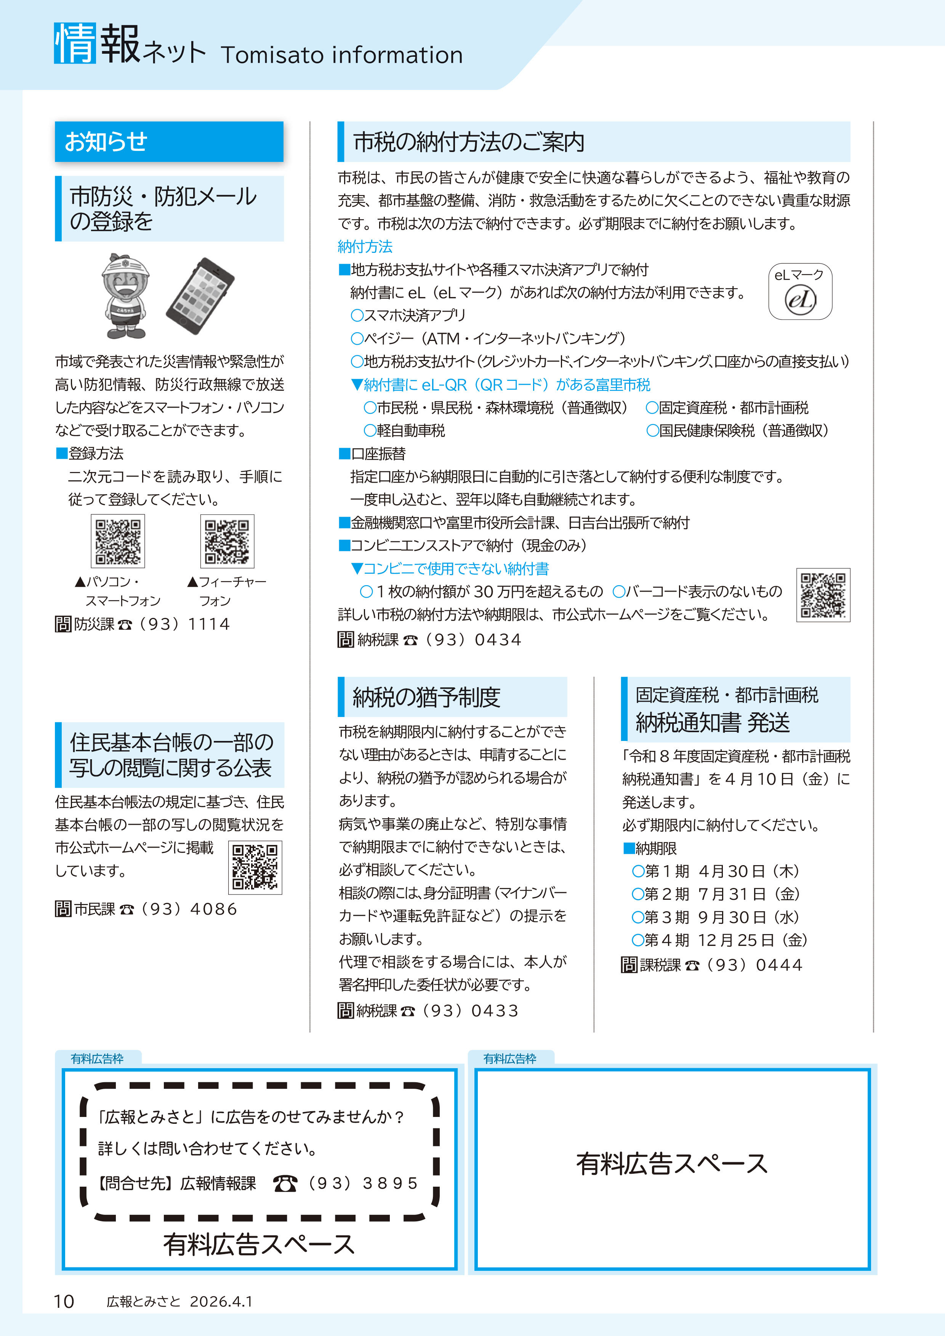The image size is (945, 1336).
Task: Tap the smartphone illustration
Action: click(x=200, y=296)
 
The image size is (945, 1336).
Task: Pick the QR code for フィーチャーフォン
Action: click(x=227, y=541)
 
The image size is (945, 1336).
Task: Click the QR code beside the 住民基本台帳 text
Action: click(x=255, y=867)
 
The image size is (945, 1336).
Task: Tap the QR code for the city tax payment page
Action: click(x=823, y=595)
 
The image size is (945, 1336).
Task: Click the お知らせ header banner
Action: click(x=169, y=141)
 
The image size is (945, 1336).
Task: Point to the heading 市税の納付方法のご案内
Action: click(x=469, y=142)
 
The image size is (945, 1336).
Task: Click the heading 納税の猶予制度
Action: click(x=426, y=697)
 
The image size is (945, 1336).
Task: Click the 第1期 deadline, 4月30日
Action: click(x=716, y=871)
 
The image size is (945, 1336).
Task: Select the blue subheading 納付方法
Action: click(x=365, y=247)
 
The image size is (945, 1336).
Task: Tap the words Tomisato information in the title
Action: click(x=341, y=55)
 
